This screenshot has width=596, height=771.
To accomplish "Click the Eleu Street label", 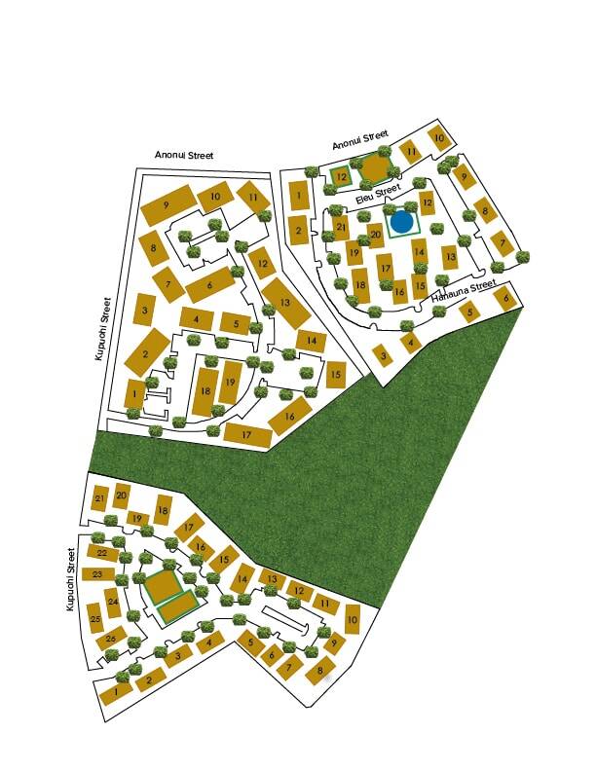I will click(378, 192).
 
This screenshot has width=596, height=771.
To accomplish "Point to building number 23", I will click(96, 574).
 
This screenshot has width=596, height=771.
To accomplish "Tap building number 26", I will click(110, 640).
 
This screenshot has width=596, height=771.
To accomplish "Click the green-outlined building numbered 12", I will click(341, 176).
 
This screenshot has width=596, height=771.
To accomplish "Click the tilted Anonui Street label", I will click(360, 139).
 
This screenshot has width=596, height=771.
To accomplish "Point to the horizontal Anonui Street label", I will click(184, 155).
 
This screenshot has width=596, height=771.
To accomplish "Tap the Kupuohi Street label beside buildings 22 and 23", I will click(70, 579).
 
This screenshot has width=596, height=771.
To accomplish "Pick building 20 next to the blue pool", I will click(375, 235).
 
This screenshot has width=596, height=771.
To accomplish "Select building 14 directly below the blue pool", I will click(419, 251).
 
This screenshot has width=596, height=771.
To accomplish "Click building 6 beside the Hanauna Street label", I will click(505, 299).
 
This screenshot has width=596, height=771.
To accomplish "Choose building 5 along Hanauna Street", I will click(470, 312).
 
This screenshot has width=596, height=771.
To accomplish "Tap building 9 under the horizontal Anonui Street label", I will click(168, 205).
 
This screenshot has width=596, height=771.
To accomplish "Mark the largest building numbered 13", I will click(285, 303).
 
